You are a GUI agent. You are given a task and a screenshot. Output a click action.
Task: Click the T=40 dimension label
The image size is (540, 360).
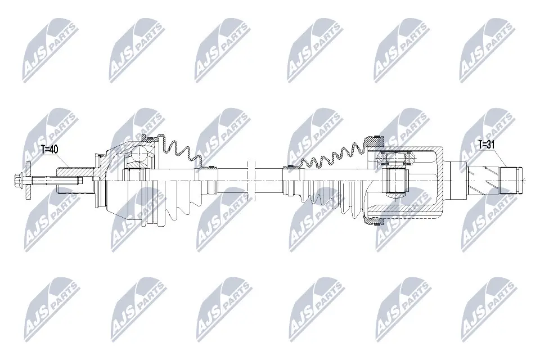pyautogui.click(x=50, y=150)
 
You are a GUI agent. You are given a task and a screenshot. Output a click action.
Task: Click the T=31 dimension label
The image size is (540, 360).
pyautogui.click(x=487, y=145)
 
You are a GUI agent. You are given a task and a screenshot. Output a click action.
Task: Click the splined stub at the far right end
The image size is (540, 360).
pyautogui.click(x=511, y=181)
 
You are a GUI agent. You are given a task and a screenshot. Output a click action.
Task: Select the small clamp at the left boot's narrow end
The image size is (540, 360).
pyautogui.click(x=212, y=167)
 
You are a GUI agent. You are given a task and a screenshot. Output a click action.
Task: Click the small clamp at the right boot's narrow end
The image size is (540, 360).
pyautogui.click(x=290, y=166)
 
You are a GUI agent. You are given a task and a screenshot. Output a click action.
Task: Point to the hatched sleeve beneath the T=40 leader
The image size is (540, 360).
pyautogui.click(x=73, y=170)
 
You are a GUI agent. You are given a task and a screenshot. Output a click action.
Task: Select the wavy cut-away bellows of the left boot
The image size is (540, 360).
pyautogui.click(x=180, y=148)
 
